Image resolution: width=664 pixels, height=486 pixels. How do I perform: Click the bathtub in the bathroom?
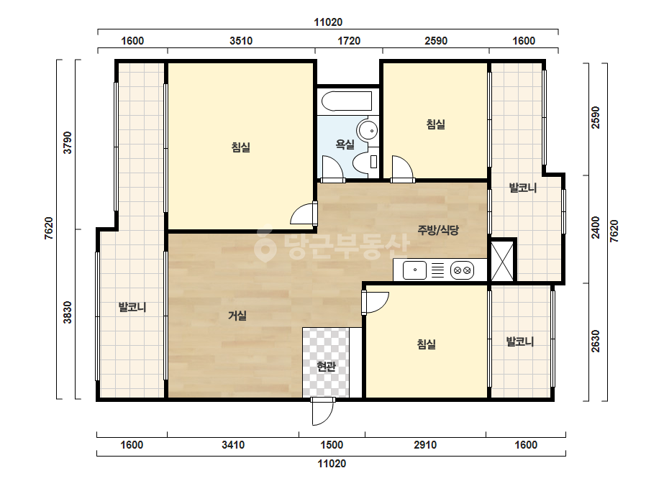click(347, 101)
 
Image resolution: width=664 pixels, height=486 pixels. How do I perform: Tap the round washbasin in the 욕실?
click(367, 129)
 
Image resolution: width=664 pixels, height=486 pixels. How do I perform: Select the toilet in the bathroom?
click(365, 162)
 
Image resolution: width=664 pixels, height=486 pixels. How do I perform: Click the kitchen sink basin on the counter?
click(414, 270)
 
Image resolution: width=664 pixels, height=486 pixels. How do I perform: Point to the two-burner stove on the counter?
click(462, 270)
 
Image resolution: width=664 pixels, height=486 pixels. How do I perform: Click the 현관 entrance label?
click(326, 367)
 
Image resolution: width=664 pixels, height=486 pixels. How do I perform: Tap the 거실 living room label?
click(237, 316)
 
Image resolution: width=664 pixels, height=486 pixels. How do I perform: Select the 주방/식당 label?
click(438, 230)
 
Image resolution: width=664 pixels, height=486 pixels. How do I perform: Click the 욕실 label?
click(345, 145)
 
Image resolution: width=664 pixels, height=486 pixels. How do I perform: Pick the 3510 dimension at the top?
click(241, 41)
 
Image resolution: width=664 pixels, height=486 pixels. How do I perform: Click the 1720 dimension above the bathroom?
click(349, 41)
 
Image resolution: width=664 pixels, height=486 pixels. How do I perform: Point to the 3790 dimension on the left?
click(68, 143)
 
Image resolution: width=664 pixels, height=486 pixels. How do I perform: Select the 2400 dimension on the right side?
click(596, 228)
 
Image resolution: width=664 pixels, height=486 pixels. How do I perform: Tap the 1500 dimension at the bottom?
click(332, 445)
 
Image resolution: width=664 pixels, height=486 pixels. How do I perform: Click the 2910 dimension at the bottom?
click(425, 445)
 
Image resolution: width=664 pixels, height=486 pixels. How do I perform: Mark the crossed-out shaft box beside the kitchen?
click(502, 261)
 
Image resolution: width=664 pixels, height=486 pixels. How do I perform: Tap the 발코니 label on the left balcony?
click(132, 307)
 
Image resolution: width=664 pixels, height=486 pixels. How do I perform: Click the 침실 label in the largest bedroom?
click(240, 147)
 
